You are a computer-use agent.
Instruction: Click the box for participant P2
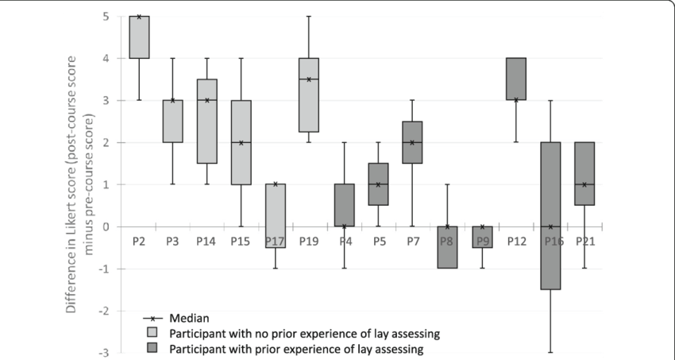139,37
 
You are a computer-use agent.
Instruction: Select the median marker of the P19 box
310,79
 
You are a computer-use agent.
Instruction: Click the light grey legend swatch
149,331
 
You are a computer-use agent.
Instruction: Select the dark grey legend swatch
149,347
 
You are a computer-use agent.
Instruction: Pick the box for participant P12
516,79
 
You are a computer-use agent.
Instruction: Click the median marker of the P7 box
413,142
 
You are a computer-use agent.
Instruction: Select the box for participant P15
241,142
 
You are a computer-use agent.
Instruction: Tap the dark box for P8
447,247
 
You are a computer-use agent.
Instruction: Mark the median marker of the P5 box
379,184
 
